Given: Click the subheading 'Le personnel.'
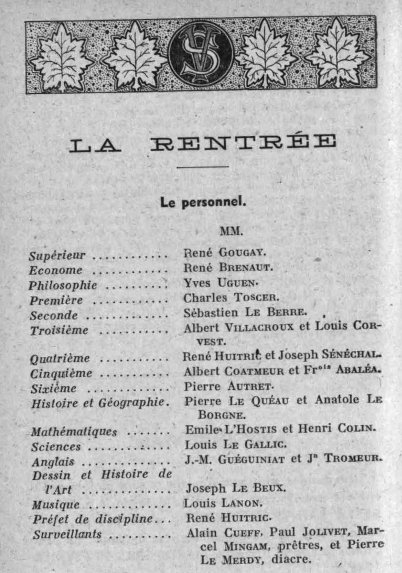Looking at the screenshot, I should coord(203,202).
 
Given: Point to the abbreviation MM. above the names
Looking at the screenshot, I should coord(231,231).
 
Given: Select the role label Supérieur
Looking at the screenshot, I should coord(57,256).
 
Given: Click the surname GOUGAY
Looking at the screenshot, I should coord(243,253).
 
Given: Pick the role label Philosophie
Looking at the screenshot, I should coord(63,285).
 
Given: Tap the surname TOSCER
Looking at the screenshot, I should coord(256,298).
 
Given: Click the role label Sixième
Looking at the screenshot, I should coord(54,389).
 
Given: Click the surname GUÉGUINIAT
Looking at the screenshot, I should coord(251,459).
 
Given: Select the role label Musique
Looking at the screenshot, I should coord(56,505).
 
